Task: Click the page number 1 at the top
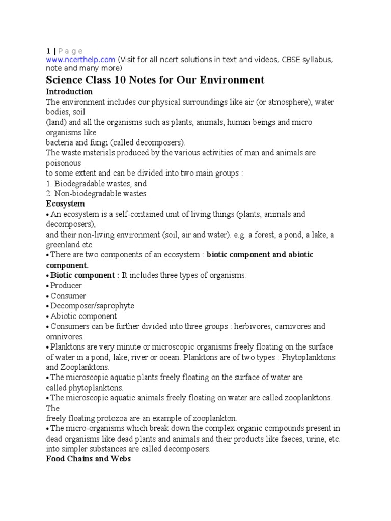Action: [48, 51]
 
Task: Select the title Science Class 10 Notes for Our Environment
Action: [155, 80]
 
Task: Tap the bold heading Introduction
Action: [69, 92]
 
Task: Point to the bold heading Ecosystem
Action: [65, 204]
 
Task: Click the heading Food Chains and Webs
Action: [88, 459]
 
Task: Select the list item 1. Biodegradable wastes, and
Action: [96, 183]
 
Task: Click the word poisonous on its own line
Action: [63, 163]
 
